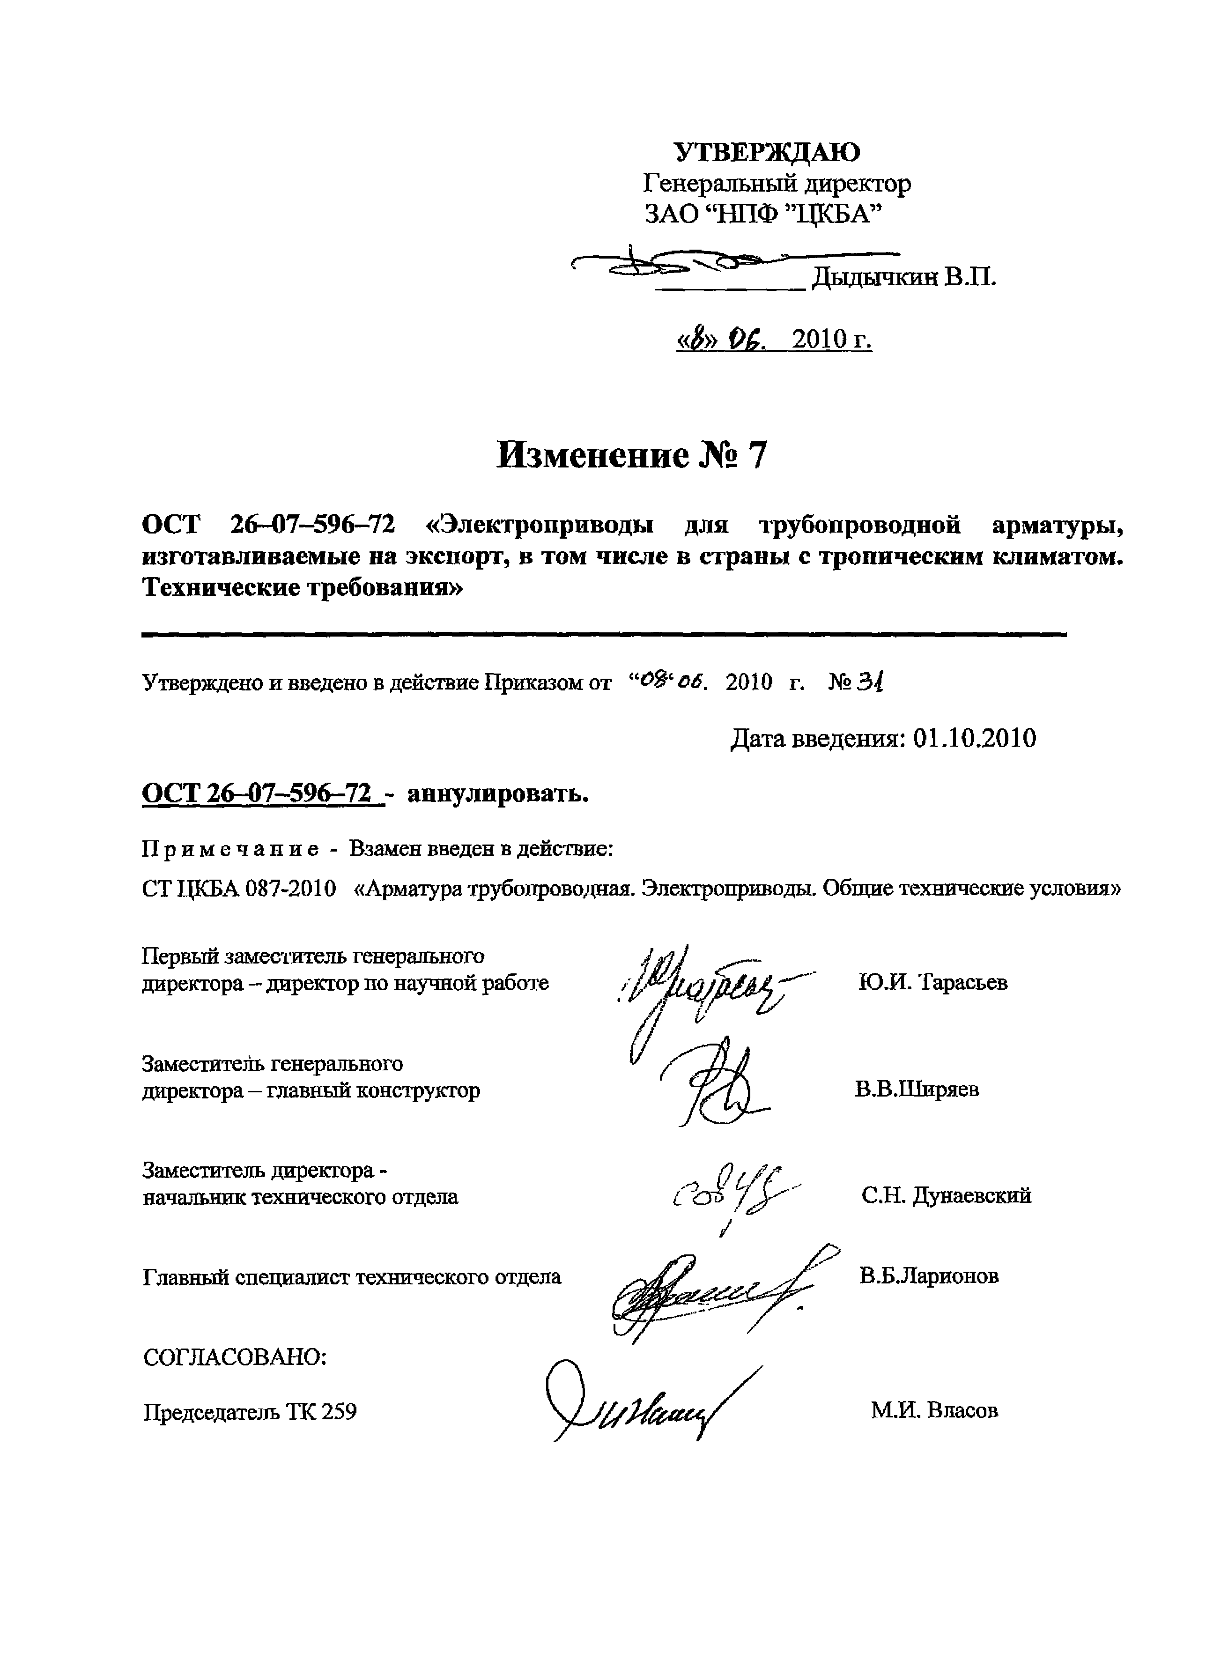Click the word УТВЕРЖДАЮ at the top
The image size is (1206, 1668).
click(x=767, y=152)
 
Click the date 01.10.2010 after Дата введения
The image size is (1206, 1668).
click(x=974, y=738)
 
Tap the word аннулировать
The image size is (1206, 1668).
click(x=498, y=794)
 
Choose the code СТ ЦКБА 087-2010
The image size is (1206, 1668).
click(x=239, y=889)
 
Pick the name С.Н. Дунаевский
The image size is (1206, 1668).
click(x=947, y=1195)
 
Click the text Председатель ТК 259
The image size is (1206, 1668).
click(x=250, y=1412)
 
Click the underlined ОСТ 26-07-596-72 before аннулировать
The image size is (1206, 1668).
click(x=263, y=794)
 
